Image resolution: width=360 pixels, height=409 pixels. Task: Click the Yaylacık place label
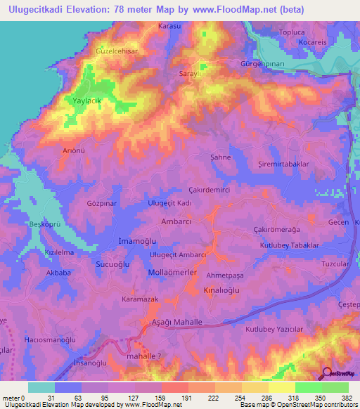(x=88, y=101)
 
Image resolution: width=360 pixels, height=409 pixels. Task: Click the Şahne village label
(x=221, y=157)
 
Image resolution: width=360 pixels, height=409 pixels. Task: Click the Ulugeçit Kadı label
(x=169, y=202)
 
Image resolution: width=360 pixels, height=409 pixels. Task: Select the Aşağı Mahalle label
(x=177, y=321)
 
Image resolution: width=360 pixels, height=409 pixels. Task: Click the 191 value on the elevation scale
(x=188, y=398)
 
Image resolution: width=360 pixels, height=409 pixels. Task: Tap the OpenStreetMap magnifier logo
(x=328, y=374)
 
